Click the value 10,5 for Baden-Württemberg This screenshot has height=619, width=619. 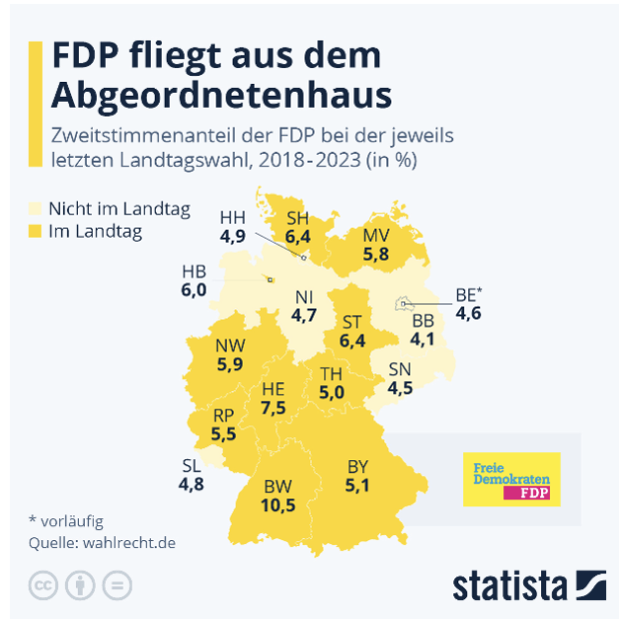point(280,505)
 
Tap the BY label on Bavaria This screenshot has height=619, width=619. point(357,466)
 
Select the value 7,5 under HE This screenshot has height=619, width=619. point(274,407)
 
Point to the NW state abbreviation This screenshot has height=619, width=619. point(231,345)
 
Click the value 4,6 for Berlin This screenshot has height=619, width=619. point(469,313)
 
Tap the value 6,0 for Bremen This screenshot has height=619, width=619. point(194,290)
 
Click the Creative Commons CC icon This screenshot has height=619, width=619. point(42,584)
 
